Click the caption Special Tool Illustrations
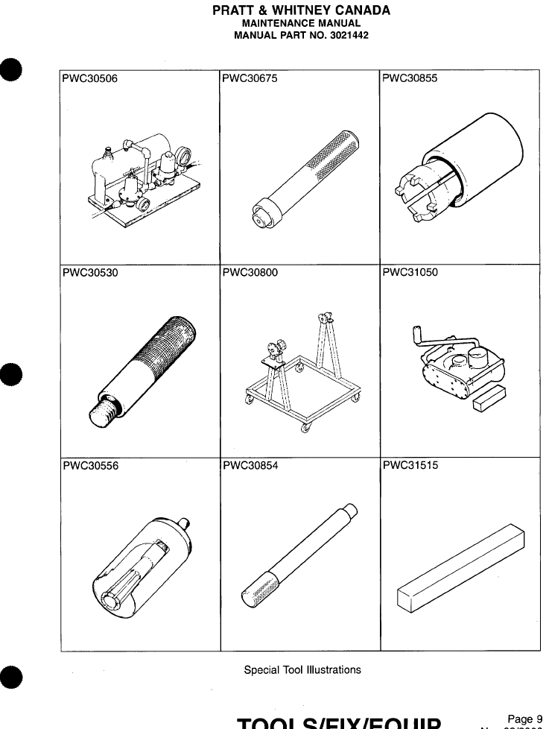point(302,669)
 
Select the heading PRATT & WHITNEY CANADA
point(302,10)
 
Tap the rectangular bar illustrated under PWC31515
point(463,569)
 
